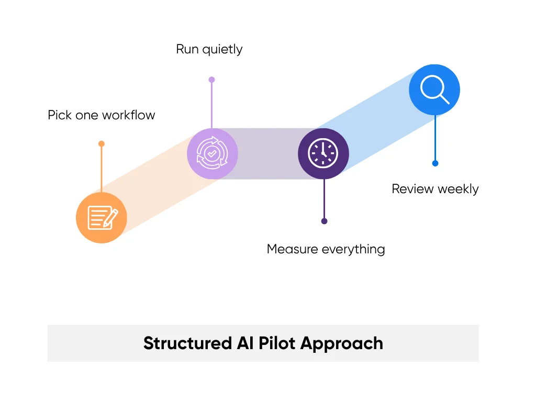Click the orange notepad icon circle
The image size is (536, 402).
(102, 218)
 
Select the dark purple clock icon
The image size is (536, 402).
(323, 154)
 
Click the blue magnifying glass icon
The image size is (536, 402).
(434, 90)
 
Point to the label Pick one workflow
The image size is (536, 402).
(102, 115)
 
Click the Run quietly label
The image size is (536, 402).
(209, 50)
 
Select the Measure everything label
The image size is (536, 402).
(326, 249)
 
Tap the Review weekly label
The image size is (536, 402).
(435, 189)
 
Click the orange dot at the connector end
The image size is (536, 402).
(102, 143)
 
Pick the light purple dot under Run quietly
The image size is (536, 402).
(211, 80)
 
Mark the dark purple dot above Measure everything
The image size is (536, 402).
(324, 221)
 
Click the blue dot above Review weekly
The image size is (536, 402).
(435, 163)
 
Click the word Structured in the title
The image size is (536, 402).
(185, 343)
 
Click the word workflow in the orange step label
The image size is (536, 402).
(129, 115)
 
